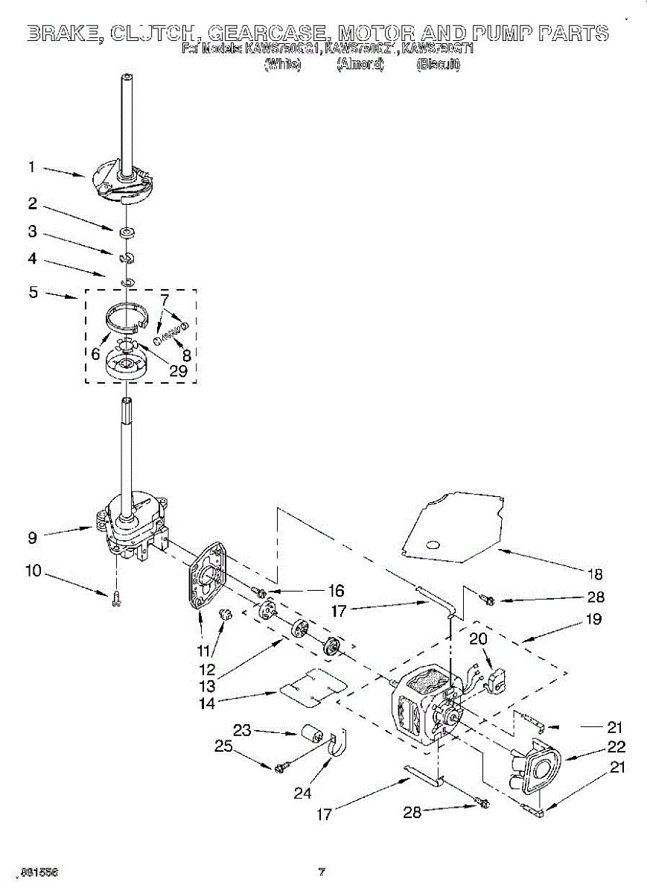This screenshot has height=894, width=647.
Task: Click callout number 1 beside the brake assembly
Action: (31, 168)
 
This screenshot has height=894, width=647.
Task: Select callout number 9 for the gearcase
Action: (32, 535)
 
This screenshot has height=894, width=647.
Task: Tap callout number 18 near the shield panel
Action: (593, 574)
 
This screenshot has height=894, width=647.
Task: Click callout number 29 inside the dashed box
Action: (178, 370)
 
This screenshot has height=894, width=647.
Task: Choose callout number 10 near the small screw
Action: (33, 571)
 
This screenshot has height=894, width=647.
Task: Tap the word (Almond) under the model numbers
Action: (360, 65)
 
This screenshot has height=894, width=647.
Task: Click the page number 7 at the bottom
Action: (322, 872)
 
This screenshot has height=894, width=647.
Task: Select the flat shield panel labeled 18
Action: (451, 527)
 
